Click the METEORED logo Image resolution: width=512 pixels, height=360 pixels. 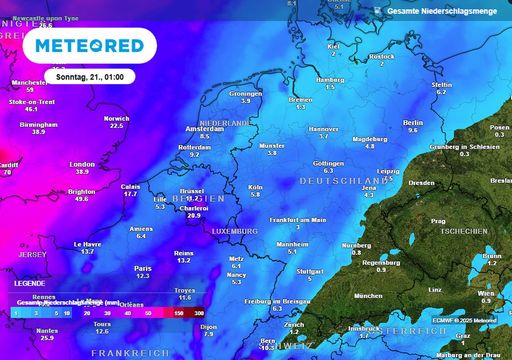[91, 45]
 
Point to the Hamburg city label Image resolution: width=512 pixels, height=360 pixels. [329, 79]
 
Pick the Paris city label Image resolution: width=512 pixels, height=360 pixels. [143, 268]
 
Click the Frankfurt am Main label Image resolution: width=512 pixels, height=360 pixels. [299, 219]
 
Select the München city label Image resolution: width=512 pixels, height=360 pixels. [368, 296]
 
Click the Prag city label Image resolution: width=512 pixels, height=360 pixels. [437, 221]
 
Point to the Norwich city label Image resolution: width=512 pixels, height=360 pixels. [116, 118]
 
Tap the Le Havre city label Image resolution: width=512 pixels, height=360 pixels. [88, 244]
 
